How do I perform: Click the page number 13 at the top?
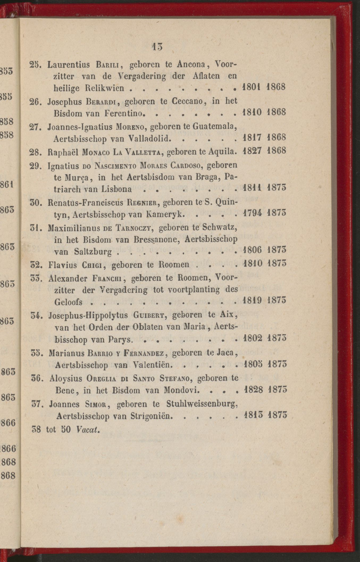157,47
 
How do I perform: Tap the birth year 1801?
251,87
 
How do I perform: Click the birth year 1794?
251,213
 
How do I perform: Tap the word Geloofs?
68,302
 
